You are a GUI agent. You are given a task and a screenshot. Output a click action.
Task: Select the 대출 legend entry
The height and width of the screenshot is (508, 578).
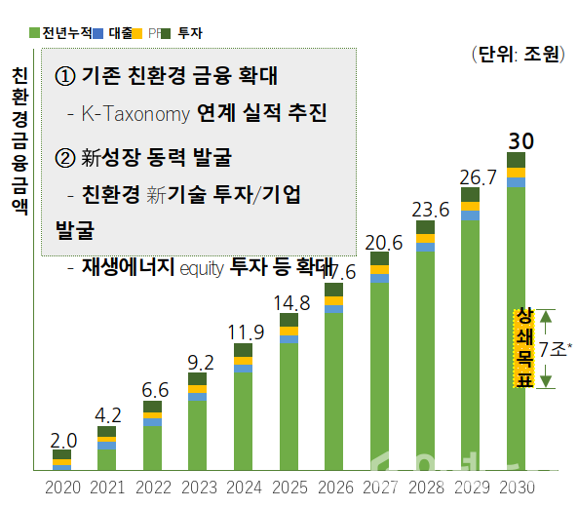click(120, 32)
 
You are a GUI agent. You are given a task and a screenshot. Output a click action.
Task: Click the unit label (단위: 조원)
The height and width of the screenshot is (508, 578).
click(516, 55)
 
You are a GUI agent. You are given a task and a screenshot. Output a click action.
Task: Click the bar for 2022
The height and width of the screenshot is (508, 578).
click(152, 439)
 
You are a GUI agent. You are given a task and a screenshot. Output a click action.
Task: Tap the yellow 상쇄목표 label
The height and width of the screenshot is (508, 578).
click(523, 348)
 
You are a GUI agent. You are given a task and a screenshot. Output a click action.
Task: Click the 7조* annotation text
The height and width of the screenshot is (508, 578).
click(558, 347)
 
